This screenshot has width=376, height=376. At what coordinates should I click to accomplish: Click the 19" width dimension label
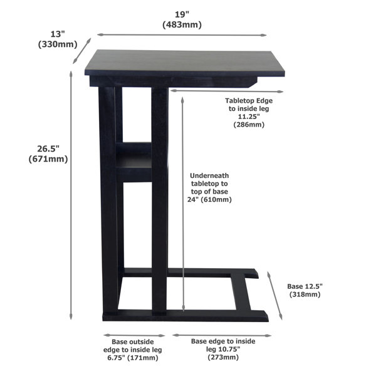click(182, 14)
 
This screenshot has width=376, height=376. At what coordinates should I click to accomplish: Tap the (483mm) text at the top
click(182, 24)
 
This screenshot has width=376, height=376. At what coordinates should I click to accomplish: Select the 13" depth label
click(58, 34)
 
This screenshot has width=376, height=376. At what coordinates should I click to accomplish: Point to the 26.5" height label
click(48, 149)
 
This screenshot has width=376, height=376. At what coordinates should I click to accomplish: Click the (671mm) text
click(48, 159)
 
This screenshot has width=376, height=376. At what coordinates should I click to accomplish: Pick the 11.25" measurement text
click(249, 117)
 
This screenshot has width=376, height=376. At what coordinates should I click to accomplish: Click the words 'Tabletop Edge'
click(249, 101)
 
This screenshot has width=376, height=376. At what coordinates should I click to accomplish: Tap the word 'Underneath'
click(209, 175)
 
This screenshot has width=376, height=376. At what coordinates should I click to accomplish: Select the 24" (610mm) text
click(209, 199)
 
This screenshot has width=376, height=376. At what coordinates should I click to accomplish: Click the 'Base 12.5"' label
click(305, 286)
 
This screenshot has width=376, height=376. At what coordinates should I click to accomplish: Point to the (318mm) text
click(305, 295)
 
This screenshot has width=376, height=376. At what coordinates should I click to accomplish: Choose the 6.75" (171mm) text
click(133, 358)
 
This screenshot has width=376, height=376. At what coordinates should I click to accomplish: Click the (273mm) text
click(223, 357)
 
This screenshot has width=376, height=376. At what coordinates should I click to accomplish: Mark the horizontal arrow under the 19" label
click(182, 35)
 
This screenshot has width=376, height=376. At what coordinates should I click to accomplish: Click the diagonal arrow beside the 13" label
click(82, 51)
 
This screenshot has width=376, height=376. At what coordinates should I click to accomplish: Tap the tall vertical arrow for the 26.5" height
click(71, 195)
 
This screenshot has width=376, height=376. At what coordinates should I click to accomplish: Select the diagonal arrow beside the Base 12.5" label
click(275, 296)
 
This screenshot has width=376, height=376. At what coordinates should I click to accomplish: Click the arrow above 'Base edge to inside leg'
click(222, 335)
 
